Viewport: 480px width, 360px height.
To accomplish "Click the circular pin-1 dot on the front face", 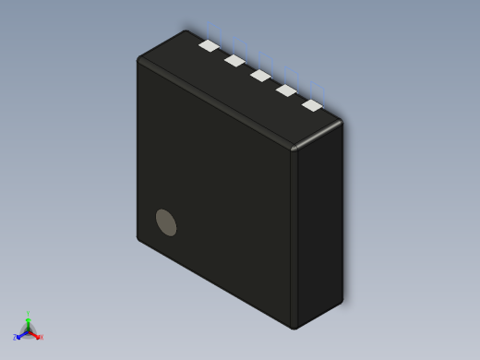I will [166, 222].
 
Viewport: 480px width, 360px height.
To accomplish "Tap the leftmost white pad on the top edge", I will [210, 45].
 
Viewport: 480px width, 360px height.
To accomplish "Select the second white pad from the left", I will [234, 61].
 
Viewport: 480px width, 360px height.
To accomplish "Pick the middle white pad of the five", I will [260, 76].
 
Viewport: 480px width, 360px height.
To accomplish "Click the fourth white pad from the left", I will [286, 90].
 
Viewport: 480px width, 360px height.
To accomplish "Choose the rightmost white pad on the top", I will [313, 105].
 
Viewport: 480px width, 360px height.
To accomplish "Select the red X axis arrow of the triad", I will [36, 335].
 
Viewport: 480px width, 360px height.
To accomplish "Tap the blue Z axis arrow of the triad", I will [20, 336].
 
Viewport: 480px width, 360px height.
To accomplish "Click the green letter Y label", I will [28, 314].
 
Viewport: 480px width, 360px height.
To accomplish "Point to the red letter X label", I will [41, 337].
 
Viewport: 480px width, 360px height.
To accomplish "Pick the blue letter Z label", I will [15, 338].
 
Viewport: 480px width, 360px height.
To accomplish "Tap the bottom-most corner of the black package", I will [294, 328].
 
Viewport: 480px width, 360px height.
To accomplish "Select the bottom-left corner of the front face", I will [139, 238].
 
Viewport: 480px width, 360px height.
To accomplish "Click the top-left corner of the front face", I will [139, 61].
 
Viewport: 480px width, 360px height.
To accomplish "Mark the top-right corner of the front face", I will [293, 150].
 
